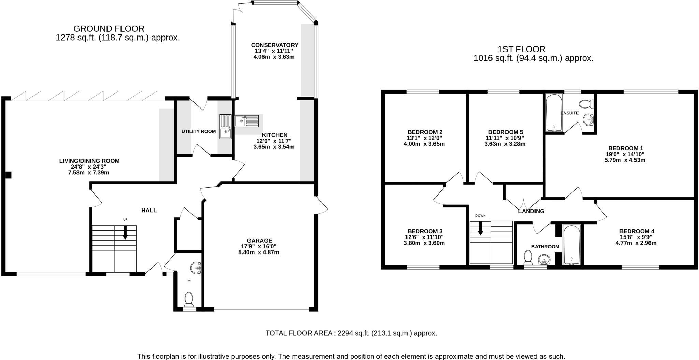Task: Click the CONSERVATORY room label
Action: [x=274, y=45]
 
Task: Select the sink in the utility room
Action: [x=226, y=127]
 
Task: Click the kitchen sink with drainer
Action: [x=246, y=121]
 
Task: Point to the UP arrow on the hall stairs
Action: [x=125, y=233]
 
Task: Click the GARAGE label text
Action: [x=260, y=240]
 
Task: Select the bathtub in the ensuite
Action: [x=554, y=113]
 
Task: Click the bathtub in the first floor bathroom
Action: [x=572, y=245]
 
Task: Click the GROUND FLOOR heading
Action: [x=109, y=29]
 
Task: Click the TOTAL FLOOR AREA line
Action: [x=351, y=333]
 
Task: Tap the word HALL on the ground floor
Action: [x=149, y=210]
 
